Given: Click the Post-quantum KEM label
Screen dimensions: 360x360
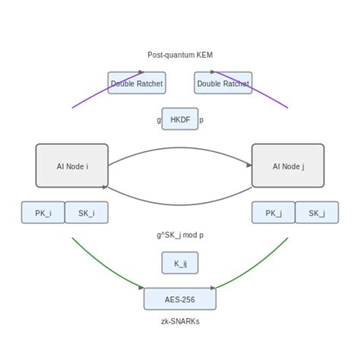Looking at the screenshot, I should click(180, 55).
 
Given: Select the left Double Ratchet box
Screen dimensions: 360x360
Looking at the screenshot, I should click(137, 84).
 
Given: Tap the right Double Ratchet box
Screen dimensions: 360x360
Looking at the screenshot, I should click(223, 84).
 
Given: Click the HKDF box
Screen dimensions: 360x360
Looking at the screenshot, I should click(180, 119).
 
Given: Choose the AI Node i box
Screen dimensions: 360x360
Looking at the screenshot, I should click(72, 166).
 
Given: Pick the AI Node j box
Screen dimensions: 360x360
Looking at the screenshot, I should click(288, 166).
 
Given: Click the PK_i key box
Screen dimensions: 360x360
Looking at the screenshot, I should click(43, 213).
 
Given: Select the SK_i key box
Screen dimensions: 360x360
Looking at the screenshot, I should click(86, 213).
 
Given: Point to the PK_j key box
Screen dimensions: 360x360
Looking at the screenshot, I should click(273, 213).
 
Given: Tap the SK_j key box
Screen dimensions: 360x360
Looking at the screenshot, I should click(317, 213).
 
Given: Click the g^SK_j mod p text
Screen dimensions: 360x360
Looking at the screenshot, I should click(180, 235).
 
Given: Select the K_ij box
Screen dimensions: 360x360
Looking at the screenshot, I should click(180, 263).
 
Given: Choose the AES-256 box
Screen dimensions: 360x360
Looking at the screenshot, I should click(180, 299).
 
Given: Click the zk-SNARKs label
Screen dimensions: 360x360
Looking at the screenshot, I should click(180, 321).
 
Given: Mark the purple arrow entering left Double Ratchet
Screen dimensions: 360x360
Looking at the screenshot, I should click(106, 89).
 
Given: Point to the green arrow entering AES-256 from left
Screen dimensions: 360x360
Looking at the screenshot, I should click(106, 270).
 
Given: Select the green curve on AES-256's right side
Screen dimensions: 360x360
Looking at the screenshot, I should click(254, 270).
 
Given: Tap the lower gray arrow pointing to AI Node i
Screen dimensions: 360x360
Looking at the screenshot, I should click(180, 204).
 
